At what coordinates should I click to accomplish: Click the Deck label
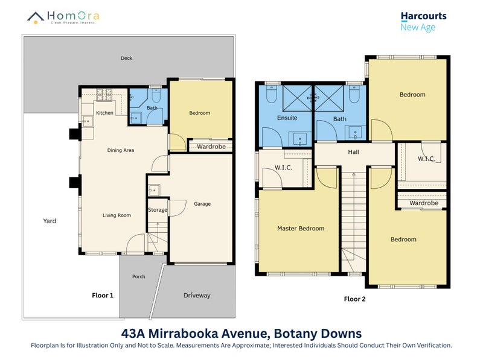(126, 59)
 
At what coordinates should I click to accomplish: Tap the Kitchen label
(104, 113)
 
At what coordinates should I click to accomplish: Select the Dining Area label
(120, 150)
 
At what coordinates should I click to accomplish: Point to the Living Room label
(117, 215)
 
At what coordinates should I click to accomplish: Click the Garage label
(202, 204)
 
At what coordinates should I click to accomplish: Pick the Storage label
(157, 210)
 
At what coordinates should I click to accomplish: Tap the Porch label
(139, 277)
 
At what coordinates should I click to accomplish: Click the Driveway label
(197, 296)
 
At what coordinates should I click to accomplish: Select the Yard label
(50, 221)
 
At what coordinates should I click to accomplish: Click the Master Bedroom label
(301, 229)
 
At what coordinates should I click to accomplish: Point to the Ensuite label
(287, 118)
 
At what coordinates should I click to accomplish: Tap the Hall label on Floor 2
(353, 153)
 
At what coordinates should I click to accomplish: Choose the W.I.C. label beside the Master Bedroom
(283, 167)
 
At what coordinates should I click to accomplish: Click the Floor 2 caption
(354, 299)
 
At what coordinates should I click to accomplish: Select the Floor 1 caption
(103, 296)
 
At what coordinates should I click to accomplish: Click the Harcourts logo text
(423, 16)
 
